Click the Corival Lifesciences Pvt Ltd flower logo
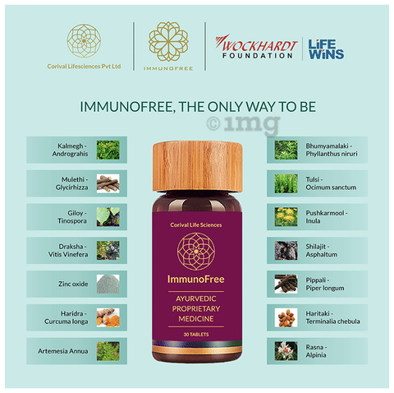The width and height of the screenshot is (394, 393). (84, 40)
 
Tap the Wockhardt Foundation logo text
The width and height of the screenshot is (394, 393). (256, 47)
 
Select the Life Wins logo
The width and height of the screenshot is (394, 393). (326, 49)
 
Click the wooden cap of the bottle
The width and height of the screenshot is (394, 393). (198, 167)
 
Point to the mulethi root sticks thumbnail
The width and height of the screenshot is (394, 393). (108, 183)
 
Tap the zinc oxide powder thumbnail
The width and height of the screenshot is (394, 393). (108, 284)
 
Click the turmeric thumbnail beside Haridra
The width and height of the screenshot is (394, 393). (108, 317)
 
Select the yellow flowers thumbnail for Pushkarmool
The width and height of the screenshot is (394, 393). (286, 217)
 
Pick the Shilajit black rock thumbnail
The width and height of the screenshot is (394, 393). (286, 250)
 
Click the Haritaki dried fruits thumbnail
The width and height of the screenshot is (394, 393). (286, 317)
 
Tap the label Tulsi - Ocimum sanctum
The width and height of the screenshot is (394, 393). (331, 183)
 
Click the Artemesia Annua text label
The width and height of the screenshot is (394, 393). (63, 351)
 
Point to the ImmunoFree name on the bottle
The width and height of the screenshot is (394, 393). (196, 280)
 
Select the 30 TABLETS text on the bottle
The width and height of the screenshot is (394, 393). (196, 335)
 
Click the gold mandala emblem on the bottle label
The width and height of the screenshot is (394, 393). (196, 252)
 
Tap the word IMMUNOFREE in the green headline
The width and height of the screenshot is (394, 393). (126, 107)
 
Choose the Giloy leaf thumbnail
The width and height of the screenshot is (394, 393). (108, 217)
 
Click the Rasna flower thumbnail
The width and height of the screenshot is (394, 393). (286, 351)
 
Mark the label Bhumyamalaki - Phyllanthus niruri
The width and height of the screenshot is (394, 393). (332, 150)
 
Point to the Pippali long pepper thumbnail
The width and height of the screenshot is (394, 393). (286, 284)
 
